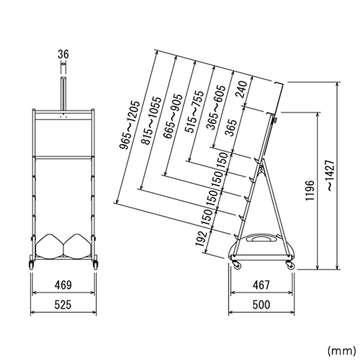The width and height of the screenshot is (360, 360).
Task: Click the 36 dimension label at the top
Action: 63,55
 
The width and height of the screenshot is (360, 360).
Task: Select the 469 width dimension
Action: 63,285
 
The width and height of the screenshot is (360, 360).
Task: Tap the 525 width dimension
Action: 63,305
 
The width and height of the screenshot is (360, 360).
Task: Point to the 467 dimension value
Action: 262,285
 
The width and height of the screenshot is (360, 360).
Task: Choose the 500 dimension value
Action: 262,305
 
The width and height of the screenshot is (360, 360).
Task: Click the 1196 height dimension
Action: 310,191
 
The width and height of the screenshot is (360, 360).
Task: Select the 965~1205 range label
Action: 130,125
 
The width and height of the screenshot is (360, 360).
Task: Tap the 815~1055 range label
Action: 152,121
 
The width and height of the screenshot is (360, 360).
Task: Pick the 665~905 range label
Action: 173,116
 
